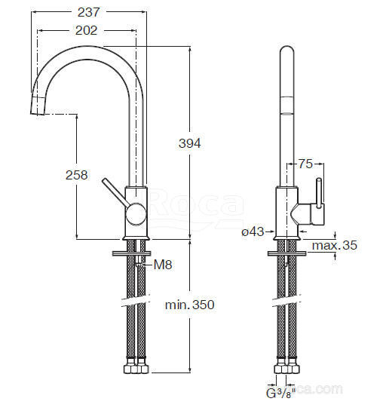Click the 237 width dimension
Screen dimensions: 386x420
click(88, 12)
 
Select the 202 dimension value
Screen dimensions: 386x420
click(86, 30)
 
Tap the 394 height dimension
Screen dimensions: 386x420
click(190, 143)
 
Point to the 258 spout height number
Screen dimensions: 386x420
click(77, 175)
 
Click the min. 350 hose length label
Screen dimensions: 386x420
click(190, 305)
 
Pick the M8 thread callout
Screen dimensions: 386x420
click(163, 265)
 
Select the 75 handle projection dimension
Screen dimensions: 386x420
click(305, 164)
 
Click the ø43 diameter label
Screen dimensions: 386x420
click(253, 231)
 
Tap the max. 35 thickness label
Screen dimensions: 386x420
click(335, 245)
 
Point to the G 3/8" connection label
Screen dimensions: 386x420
click(280, 393)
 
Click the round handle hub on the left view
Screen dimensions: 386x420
click(136, 213)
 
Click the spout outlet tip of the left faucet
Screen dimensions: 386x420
click(38, 106)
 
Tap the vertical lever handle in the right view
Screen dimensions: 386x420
click(319, 193)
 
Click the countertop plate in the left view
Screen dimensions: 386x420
click(132, 253)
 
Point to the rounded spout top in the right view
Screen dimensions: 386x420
click(287, 51)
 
